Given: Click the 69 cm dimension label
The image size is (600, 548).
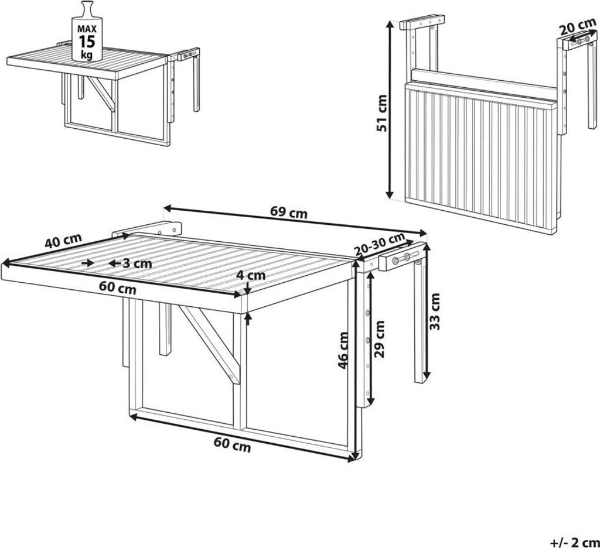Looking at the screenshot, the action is pyautogui.click(x=288, y=213).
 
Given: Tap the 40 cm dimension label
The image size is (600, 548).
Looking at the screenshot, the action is pyautogui.click(x=63, y=241).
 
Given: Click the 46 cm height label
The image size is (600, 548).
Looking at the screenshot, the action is pyautogui.click(x=343, y=350).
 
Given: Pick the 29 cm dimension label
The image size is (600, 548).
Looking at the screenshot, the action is pyautogui.click(x=379, y=339).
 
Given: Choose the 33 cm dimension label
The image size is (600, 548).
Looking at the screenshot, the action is pyautogui.click(x=435, y=311).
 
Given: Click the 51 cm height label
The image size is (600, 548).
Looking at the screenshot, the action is pyautogui.click(x=382, y=113).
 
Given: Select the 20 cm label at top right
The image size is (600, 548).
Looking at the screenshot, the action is pyautogui.click(x=577, y=27).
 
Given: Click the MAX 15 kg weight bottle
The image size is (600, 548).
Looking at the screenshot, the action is pyautogui.click(x=87, y=32).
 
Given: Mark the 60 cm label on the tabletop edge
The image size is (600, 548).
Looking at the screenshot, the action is pyautogui.click(x=117, y=287).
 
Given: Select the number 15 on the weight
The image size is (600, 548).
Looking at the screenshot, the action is pyautogui.click(x=87, y=42).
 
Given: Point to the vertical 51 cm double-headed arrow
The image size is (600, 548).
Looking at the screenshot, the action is pyautogui.click(x=390, y=109).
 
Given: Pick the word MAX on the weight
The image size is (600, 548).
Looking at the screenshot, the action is pyautogui.click(x=87, y=29).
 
